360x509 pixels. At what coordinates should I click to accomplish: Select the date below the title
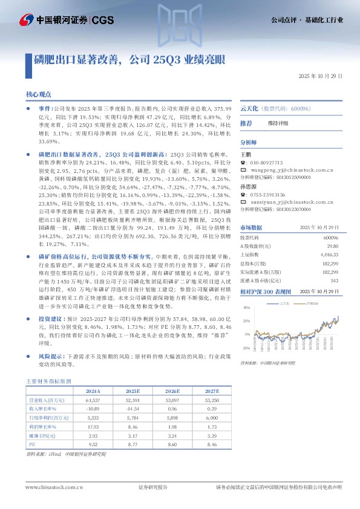point(321,77)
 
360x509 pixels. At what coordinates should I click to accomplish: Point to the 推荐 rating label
point(246,123)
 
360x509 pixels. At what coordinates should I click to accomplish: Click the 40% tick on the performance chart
point(246,308)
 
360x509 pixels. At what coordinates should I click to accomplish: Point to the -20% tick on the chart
point(246,348)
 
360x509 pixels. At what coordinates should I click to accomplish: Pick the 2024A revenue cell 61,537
point(93,400)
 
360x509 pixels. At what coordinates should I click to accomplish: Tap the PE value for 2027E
point(211,443)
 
